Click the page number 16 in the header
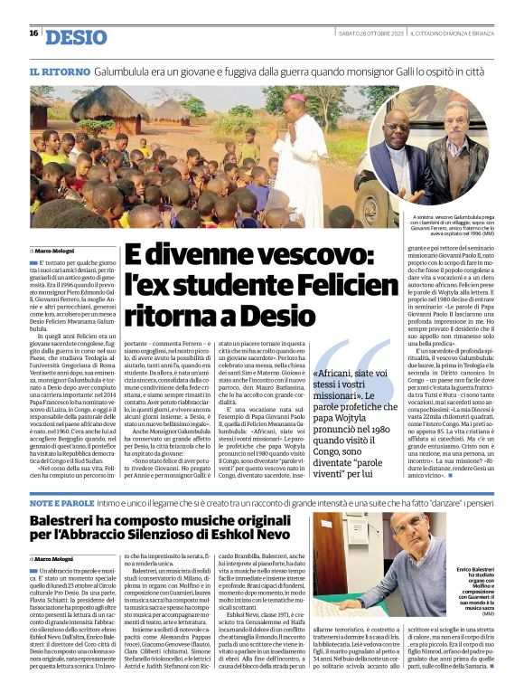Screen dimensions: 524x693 click(x=33, y=33)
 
